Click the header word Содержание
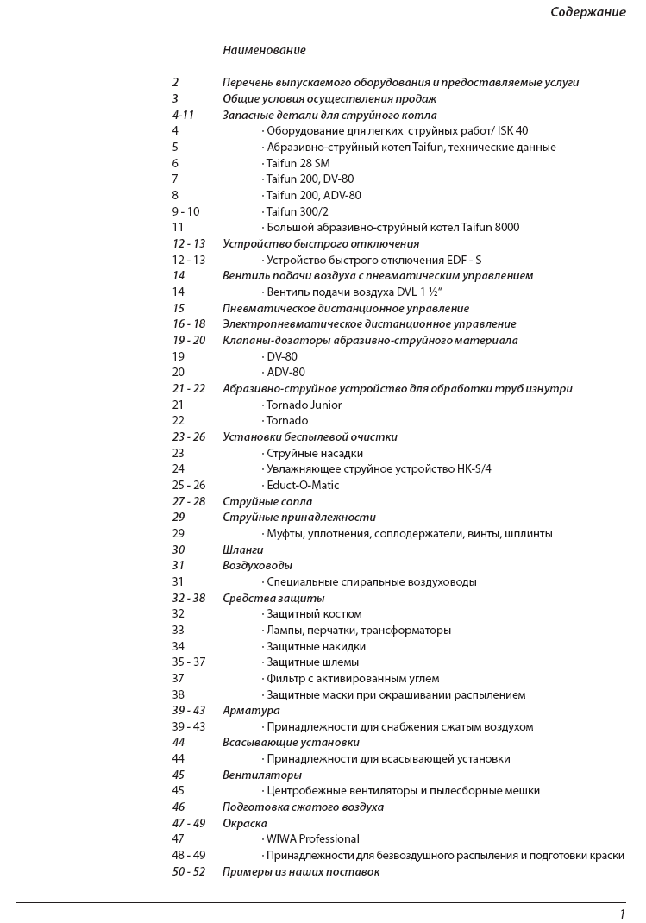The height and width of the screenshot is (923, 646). pos(588,12)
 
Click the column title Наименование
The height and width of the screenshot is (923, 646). pos(264,50)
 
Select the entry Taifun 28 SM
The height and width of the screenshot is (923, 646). pos(298,163)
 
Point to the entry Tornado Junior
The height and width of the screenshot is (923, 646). pos(304,405)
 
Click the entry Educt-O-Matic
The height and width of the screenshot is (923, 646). pos(303,485)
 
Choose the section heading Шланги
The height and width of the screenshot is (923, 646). pos(242,549)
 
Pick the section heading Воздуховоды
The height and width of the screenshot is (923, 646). pos(257,566)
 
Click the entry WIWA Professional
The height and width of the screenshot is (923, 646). pos(313,838)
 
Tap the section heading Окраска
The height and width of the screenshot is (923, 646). pos(244,823)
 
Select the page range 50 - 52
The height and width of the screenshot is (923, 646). pos(189,871)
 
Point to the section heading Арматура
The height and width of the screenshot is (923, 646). pos(251,710)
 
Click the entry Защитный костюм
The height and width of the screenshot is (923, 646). pos(314,614)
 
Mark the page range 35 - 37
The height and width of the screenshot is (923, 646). pos(188,662)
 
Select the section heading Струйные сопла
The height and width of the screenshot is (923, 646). pos(267,501)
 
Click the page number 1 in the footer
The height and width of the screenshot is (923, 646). pos(622,914)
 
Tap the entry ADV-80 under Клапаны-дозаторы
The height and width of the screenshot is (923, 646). pos(285,373)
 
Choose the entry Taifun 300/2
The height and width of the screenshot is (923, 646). pos(298,211)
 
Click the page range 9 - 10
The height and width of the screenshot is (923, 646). pos(185,211)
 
